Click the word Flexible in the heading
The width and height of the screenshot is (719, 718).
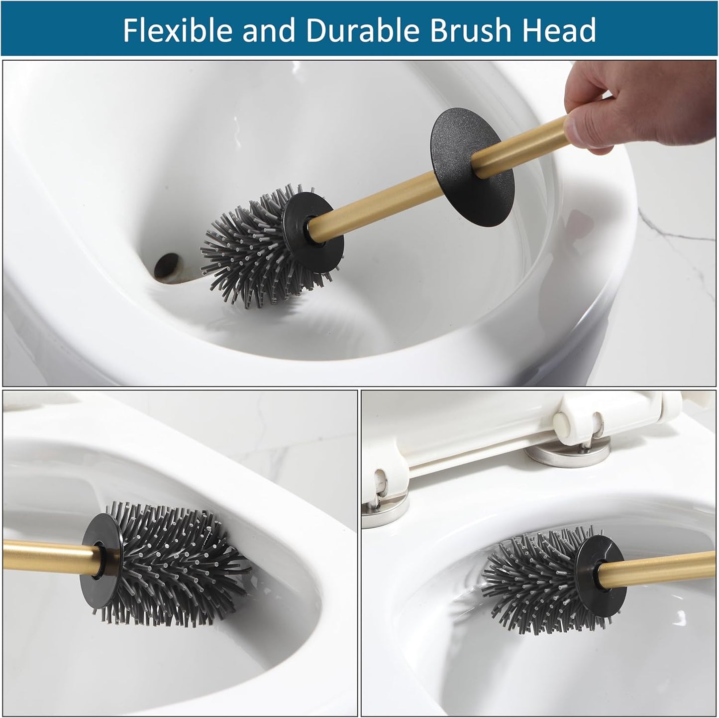pyautogui.click(x=177, y=31)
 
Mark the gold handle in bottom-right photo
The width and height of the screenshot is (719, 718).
pyautogui.click(x=667, y=565)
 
